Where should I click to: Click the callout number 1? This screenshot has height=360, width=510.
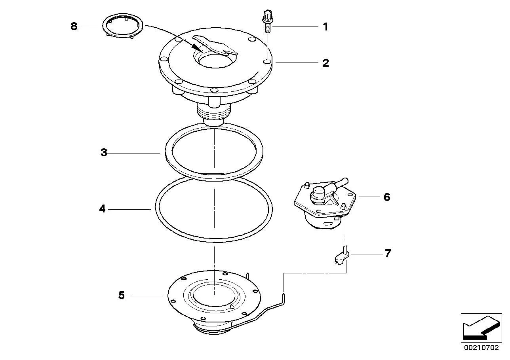[325, 27]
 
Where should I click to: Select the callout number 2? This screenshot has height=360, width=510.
[325, 63]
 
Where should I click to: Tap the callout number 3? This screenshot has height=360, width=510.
[104, 152]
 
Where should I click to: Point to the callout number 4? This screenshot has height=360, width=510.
[103, 208]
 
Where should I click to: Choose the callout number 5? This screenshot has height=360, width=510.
[122, 295]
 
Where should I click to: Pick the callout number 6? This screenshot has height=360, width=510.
[387, 197]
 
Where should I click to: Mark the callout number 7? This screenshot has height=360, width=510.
[388, 253]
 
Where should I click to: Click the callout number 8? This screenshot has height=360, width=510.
[74, 26]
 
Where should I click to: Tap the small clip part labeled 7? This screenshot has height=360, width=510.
[342, 256]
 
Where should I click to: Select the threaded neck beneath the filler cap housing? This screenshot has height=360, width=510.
[213, 113]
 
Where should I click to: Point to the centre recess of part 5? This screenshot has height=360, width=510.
[214, 296]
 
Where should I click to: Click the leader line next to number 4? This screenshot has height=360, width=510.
[129, 209]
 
